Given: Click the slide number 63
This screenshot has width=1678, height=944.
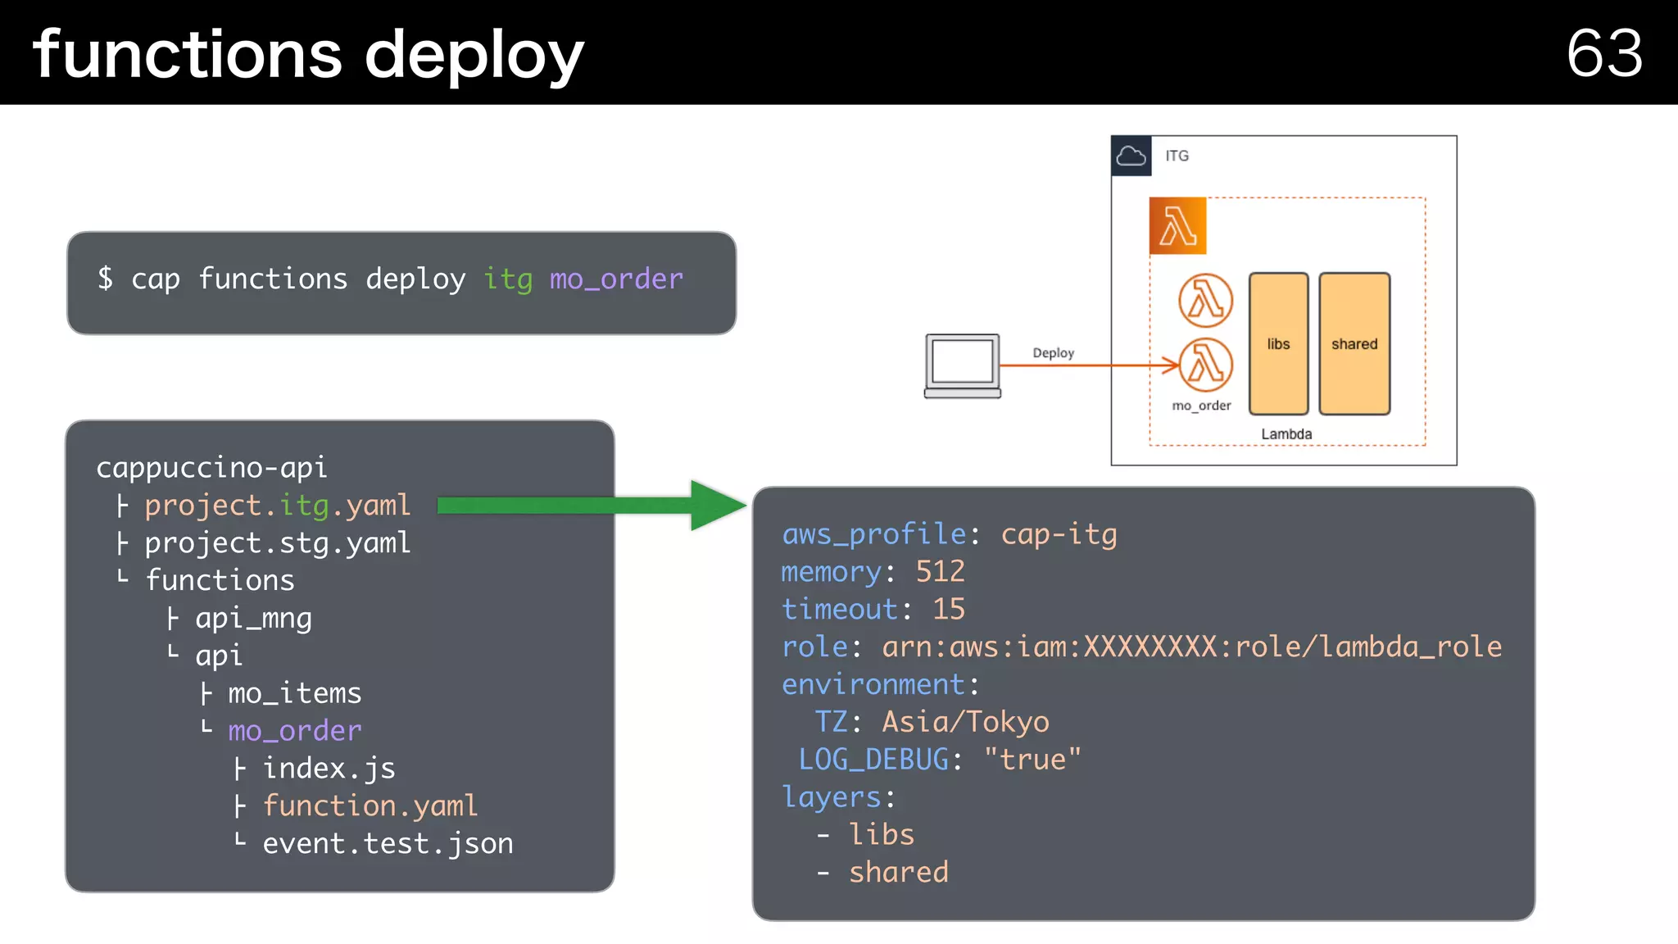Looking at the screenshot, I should (x=1603, y=54).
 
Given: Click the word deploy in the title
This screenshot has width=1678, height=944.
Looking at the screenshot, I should (x=474, y=56).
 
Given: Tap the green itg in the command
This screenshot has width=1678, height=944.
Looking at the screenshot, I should (x=508, y=279).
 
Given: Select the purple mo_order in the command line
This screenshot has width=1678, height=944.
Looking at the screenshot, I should (x=616, y=279).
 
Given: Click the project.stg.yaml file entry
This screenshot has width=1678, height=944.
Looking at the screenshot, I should (x=277, y=543).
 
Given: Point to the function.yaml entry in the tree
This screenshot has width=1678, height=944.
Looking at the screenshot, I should (x=370, y=806).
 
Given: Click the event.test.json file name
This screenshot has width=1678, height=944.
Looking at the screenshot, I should (x=388, y=844).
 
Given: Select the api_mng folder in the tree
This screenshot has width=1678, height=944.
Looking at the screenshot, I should (x=253, y=619).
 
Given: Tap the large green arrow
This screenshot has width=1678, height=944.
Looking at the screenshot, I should (x=590, y=506).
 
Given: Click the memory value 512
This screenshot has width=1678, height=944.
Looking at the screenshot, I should (x=940, y=572).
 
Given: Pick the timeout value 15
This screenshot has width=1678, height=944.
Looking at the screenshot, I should (x=949, y=610).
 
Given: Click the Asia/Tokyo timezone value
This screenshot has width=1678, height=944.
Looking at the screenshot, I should (x=965, y=723).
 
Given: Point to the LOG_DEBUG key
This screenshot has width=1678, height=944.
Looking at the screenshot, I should (x=873, y=760).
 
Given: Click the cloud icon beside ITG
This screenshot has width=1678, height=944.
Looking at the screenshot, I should (x=1131, y=156).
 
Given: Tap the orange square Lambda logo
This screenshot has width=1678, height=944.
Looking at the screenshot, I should (x=1177, y=226).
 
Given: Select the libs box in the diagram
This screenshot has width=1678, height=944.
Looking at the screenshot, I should (x=1278, y=344).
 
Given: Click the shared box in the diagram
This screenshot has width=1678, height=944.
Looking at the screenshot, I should (x=1354, y=344).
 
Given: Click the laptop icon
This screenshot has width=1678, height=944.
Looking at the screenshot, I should (x=963, y=365).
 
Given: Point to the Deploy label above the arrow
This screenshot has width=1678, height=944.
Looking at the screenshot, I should (x=1053, y=353).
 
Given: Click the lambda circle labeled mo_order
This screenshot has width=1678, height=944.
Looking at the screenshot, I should (x=1205, y=365).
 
